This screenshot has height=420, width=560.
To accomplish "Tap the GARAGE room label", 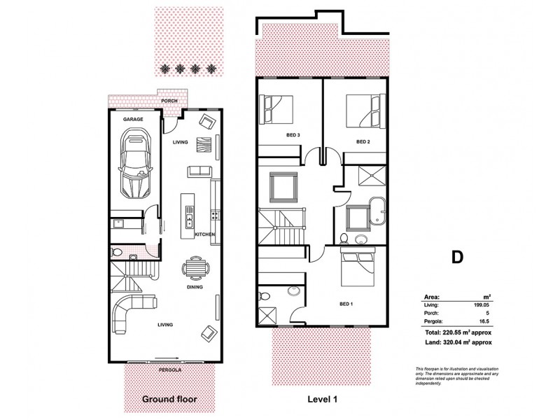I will point(133,120).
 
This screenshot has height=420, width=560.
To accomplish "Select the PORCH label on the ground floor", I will point(169,101).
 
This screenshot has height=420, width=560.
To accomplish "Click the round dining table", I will point(195,268).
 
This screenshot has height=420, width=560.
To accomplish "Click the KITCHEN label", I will point(204,234).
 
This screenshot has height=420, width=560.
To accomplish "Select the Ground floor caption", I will point(169,400).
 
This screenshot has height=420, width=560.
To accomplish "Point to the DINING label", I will point(195,287).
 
